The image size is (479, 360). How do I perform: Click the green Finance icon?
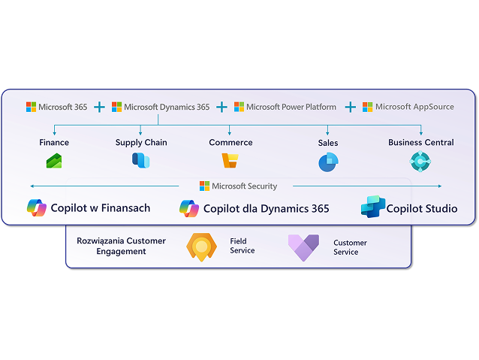pyautogui.click(x=54, y=161)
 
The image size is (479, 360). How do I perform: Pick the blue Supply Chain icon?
pyautogui.click(x=140, y=161)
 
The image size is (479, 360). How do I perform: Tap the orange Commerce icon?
pyautogui.click(x=230, y=161)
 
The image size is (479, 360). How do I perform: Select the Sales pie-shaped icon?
pyautogui.click(x=327, y=162)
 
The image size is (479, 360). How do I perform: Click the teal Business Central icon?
pyautogui.click(x=420, y=161)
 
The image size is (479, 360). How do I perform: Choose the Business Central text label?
pyautogui.click(x=420, y=142)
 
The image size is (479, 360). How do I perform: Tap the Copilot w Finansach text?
pyautogui.click(x=101, y=208)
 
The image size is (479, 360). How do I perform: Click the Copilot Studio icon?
pyautogui.click(x=372, y=207)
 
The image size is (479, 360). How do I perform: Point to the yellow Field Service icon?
pyautogui.click(x=201, y=247)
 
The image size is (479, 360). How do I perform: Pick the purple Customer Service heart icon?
pyautogui.click(x=303, y=247)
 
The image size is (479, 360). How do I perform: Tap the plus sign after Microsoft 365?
pyautogui.click(x=99, y=107)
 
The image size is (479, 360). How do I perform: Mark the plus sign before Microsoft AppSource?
pyautogui.click(x=350, y=107)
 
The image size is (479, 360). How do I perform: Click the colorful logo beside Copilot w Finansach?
pyautogui.click(x=37, y=208)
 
